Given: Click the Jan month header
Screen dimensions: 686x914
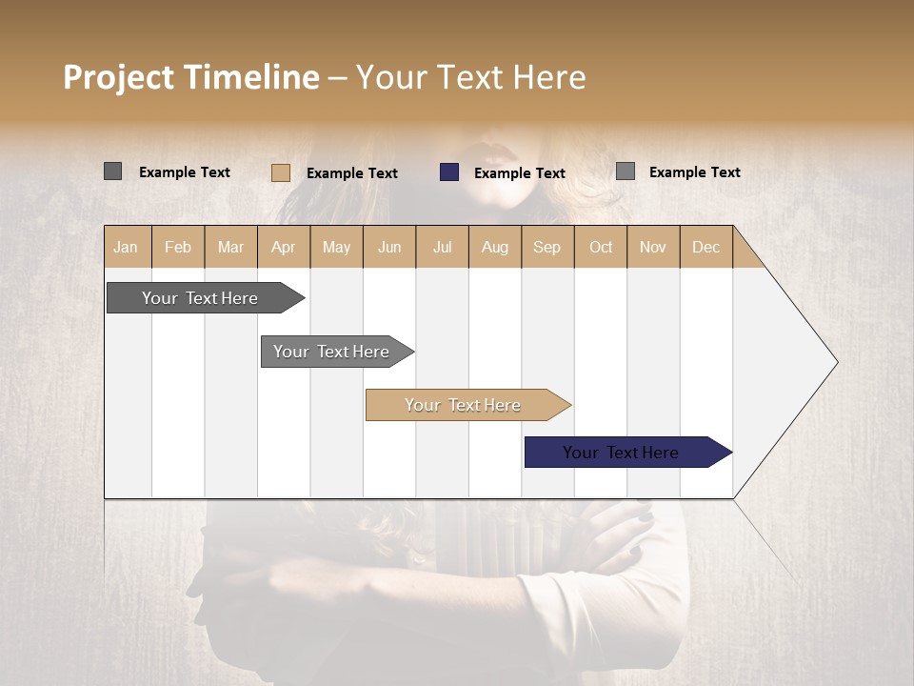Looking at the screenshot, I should pyautogui.click(x=127, y=247).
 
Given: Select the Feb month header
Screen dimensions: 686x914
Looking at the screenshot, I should pyautogui.click(x=178, y=247).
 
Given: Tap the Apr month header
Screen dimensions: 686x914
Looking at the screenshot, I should pyautogui.click(x=284, y=247).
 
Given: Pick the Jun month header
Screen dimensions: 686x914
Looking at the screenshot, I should pyautogui.click(x=389, y=247).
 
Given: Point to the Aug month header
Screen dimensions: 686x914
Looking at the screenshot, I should pyautogui.click(x=495, y=247).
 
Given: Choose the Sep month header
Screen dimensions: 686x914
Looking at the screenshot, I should pyautogui.click(x=547, y=247).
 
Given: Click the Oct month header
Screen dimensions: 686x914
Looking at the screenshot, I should pyautogui.click(x=601, y=247).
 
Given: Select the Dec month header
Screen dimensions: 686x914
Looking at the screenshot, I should pyautogui.click(x=706, y=247).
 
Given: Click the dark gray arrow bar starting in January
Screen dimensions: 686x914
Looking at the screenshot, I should pyautogui.click(x=201, y=298).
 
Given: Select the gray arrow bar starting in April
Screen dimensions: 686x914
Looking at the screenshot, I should pyautogui.click(x=332, y=352).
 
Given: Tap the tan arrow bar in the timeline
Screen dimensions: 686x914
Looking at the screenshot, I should pyautogui.click(x=464, y=405).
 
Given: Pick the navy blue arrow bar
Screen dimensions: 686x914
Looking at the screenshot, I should pyautogui.click(x=622, y=453).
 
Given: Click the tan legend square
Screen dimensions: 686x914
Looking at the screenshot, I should pyautogui.click(x=281, y=172).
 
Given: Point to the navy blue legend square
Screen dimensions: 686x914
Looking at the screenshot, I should pyautogui.click(x=449, y=172).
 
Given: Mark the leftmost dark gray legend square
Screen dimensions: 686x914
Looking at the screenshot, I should pyautogui.click(x=113, y=171).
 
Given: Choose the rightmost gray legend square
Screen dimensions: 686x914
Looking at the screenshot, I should pyautogui.click(x=626, y=171).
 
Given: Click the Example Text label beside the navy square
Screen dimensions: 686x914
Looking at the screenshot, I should pyautogui.click(x=520, y=173).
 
